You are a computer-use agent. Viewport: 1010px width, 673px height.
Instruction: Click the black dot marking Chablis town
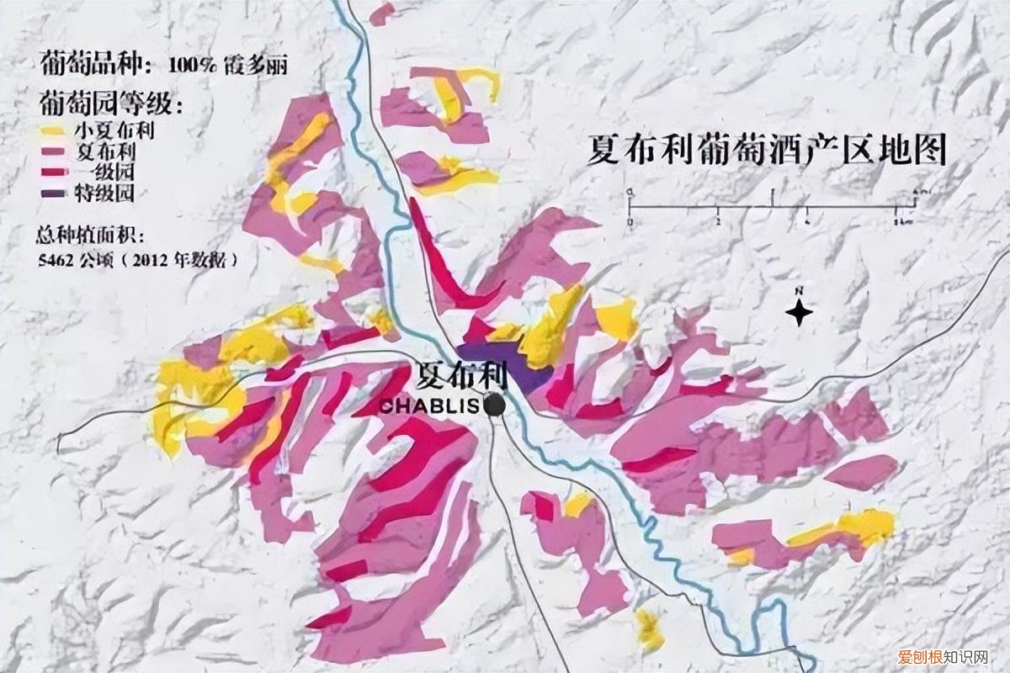click(494, 405)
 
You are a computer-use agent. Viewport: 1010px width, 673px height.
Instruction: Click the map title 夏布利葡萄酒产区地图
click(767, 151)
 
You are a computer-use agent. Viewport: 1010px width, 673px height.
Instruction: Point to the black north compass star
click(800, 314)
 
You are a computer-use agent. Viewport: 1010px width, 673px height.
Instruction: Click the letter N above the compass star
click(800, 291)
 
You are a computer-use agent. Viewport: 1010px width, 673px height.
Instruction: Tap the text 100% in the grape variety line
click(191, 64)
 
